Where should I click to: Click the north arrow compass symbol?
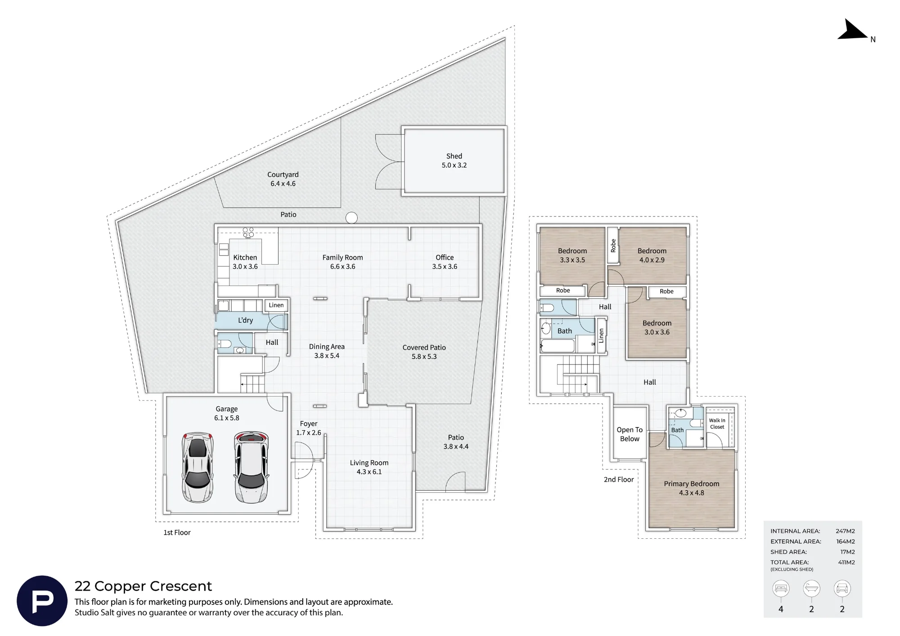[851, 31]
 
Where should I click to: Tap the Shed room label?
[454, 156]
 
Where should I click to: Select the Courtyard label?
[283, 175]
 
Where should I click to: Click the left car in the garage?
[197, 468]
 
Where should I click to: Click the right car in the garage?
[251, 468]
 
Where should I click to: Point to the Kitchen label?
[245, 257]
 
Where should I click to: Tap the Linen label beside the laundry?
[276, 305]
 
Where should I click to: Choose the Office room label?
[445, 257]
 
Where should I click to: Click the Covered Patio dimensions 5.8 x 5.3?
[424, 356]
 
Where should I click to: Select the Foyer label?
[309, 424]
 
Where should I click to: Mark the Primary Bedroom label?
[692, 484]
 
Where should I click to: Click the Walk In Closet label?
[717, 424]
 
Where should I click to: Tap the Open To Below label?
[630, 434]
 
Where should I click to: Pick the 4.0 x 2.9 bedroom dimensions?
[652, 260]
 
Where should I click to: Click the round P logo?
[42, 601]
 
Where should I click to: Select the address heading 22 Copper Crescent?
[143, 586]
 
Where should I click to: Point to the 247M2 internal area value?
[845, 531]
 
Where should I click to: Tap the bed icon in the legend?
[781, 589]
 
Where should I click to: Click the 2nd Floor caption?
[619, 480]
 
